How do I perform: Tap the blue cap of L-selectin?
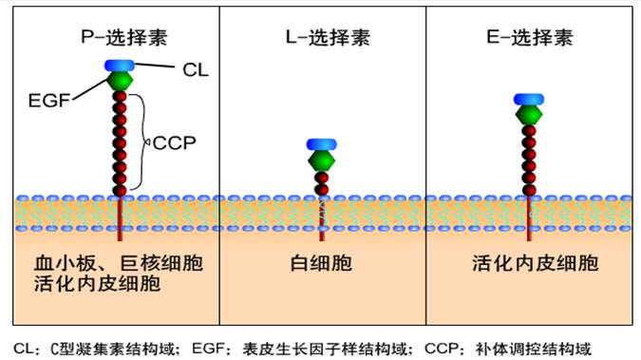(322, 144)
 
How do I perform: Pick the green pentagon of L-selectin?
(322, 161)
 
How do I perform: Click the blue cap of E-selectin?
(528, 100)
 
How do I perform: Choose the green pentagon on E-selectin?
(528, 116)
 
